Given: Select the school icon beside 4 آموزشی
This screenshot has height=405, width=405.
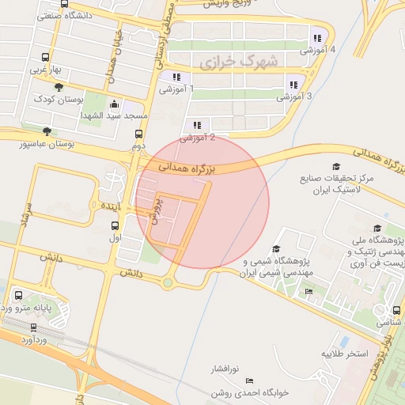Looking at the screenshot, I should [x=318, y=38].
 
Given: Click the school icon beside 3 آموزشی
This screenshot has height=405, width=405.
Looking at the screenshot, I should [x=293, y=85].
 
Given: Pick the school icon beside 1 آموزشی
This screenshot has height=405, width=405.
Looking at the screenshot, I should [x=176, y=78].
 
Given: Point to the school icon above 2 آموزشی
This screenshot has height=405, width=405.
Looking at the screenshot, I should [x=197, y=125].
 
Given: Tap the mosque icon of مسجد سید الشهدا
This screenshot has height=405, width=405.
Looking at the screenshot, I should [x=115, y=104].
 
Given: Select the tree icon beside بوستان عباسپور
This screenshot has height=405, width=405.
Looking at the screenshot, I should [x=48, y=132].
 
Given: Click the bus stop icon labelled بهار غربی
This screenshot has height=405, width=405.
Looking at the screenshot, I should [x=43, y=58].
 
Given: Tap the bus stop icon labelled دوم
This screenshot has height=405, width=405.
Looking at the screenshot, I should [x=139, y=134].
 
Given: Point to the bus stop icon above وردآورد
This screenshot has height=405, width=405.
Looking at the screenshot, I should [x=33, y=327].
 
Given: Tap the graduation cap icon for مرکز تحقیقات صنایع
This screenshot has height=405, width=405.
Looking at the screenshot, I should [x=335, y=167].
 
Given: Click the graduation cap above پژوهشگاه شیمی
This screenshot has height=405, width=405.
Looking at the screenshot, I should [x=275, y=249].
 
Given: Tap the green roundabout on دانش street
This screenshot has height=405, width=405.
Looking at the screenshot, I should [x=168, y=282].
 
